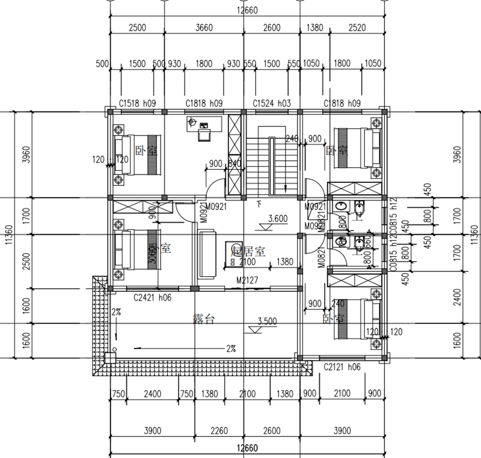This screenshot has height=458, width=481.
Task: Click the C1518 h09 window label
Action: pyautogui.click(x=138, y=104)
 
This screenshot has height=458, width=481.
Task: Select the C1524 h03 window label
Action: pyautogui.click(x=272, y=104)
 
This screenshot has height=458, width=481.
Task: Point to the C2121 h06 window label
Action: pyautogui.click(x=342, y=367)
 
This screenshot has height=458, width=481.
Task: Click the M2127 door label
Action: pyautogui.click(x=248, y=279)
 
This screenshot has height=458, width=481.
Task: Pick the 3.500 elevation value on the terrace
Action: pyautogui.click(x=268, y=321)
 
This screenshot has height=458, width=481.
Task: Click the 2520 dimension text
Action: pyautogui.click(x=357, y=27)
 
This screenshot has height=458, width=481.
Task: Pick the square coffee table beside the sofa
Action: pyautogui.click(x=233, y=250)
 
